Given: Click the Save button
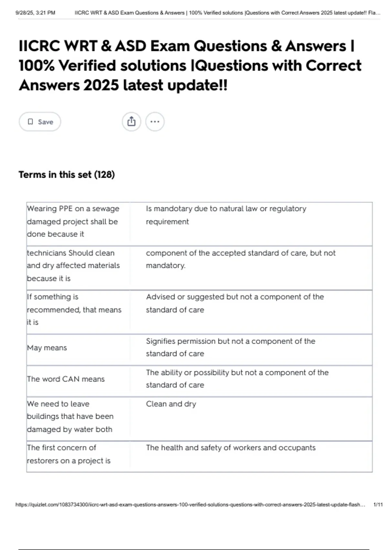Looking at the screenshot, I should point(40,122).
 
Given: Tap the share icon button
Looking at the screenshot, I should point(131,122).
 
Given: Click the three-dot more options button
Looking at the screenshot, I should point(155,122).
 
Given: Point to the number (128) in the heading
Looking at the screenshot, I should point(104,175).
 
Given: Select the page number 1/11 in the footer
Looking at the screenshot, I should point(378,504).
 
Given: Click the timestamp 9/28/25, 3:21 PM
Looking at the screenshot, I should point(35,13).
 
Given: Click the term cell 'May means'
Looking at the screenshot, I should point(47,348).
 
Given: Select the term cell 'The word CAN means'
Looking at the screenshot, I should point(66,379).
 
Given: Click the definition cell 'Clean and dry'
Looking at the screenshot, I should point(171,404).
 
